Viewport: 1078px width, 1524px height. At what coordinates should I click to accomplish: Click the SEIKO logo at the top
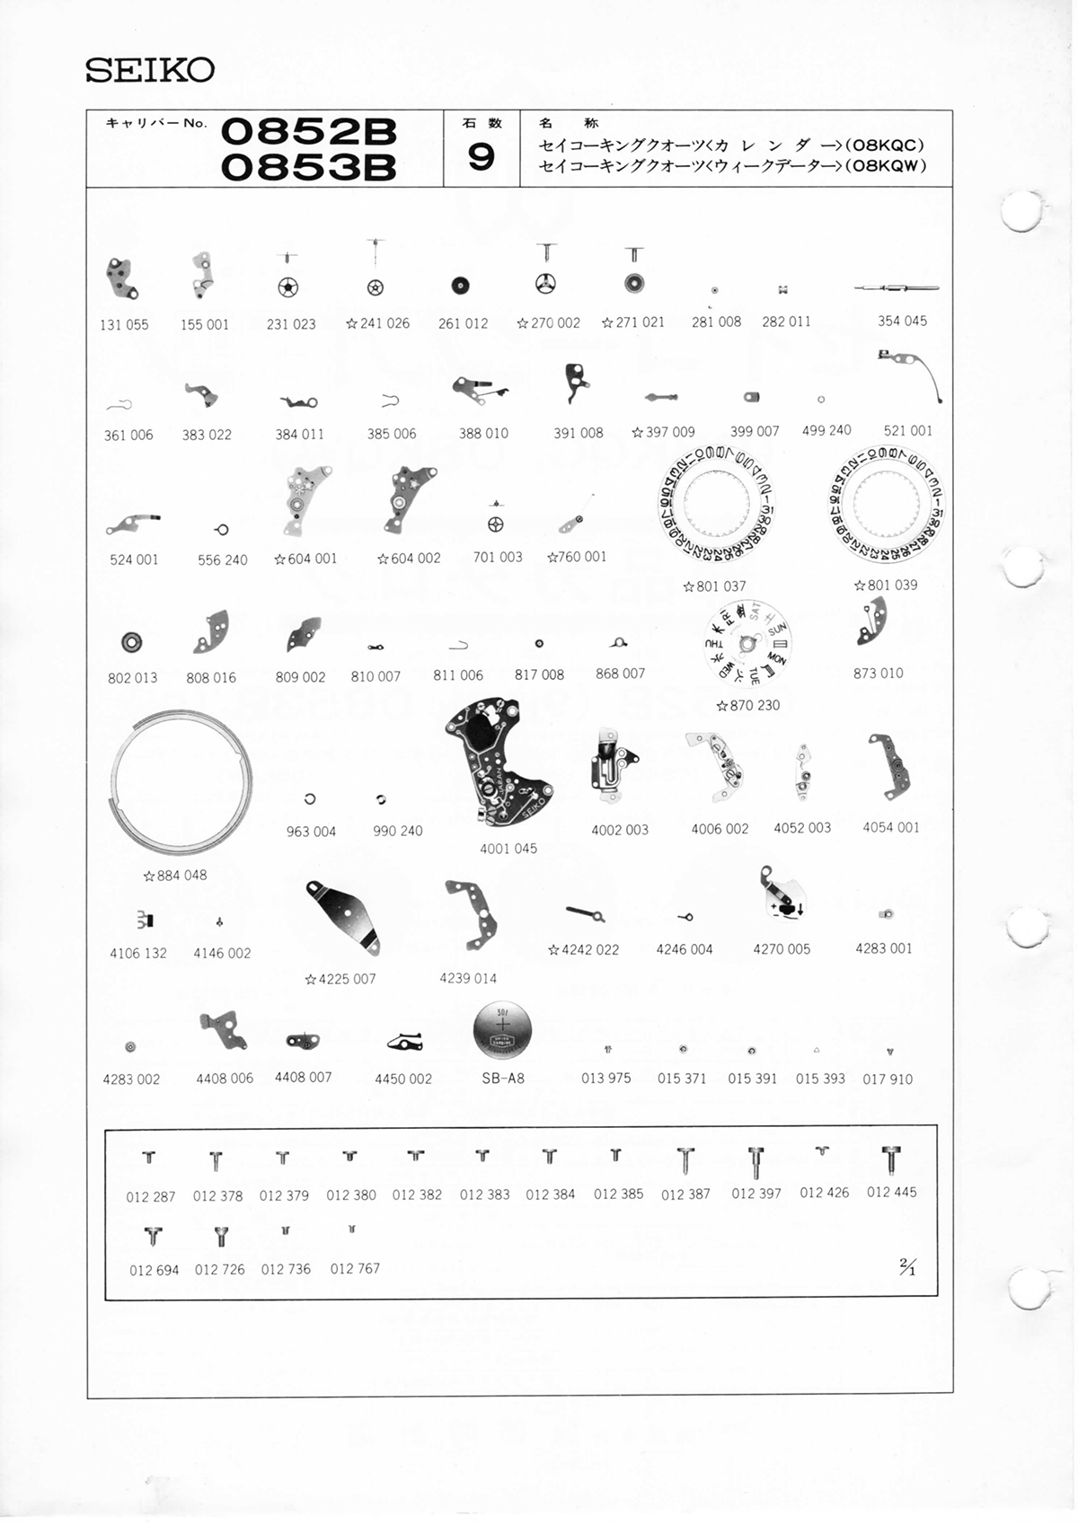149,70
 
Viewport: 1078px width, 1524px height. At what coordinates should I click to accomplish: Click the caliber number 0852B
308,132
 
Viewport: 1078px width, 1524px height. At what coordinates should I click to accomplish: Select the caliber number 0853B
308,167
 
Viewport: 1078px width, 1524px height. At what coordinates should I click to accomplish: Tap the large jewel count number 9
481,158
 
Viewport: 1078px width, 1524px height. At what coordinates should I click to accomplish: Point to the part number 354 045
902,321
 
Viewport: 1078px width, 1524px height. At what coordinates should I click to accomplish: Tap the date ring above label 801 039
885,506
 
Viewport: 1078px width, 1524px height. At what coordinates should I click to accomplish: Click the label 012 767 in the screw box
355,1268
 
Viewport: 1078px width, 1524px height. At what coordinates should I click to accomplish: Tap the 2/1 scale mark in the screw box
907,1267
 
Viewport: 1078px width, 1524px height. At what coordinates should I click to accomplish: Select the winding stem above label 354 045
896,288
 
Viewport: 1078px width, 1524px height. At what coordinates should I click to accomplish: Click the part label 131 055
124,324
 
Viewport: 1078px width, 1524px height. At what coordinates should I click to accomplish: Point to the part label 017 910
887,1079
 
